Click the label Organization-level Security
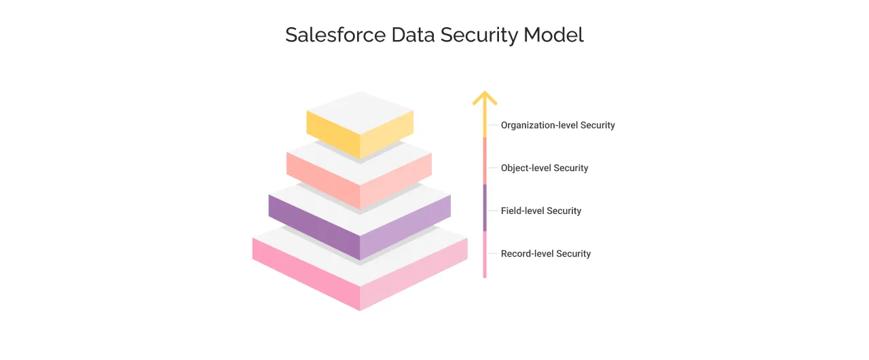point(557,125)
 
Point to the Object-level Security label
point(544,168)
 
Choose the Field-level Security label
point(541,211)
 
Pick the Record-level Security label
point(546,253)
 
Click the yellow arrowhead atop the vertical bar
point(485,98)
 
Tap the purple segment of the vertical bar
point(485,207)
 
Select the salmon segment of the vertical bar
point(485,160)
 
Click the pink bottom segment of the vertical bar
point(485,254)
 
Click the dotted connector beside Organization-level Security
point(494,125)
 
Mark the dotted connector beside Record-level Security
point(494,253)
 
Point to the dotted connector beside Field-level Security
point(494,211)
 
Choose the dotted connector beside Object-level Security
point(494,168)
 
